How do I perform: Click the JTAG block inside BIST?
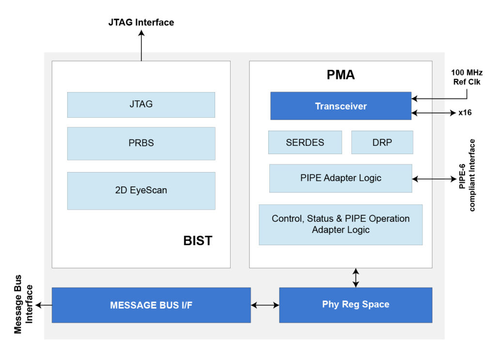(141, 105)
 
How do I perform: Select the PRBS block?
(141, 143)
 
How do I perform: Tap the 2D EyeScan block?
(141, 190)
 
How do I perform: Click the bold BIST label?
(198, 241)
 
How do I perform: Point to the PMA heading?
(341, 75)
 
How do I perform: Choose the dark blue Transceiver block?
(341, 106)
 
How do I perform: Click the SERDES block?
(305, 142)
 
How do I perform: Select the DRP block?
(382, 142)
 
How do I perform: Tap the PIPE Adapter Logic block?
(341, 178)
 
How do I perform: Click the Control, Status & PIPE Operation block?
(341, 224)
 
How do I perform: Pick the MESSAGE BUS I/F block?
(151, 305)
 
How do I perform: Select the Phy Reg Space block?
(356, 305)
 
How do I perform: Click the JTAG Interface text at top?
(141, 22)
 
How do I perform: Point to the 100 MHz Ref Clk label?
(467, 77)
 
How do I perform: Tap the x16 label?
(465, 113)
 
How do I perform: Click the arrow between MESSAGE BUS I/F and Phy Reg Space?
(265, 305)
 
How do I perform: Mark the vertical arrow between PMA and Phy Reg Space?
(356, 278)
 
